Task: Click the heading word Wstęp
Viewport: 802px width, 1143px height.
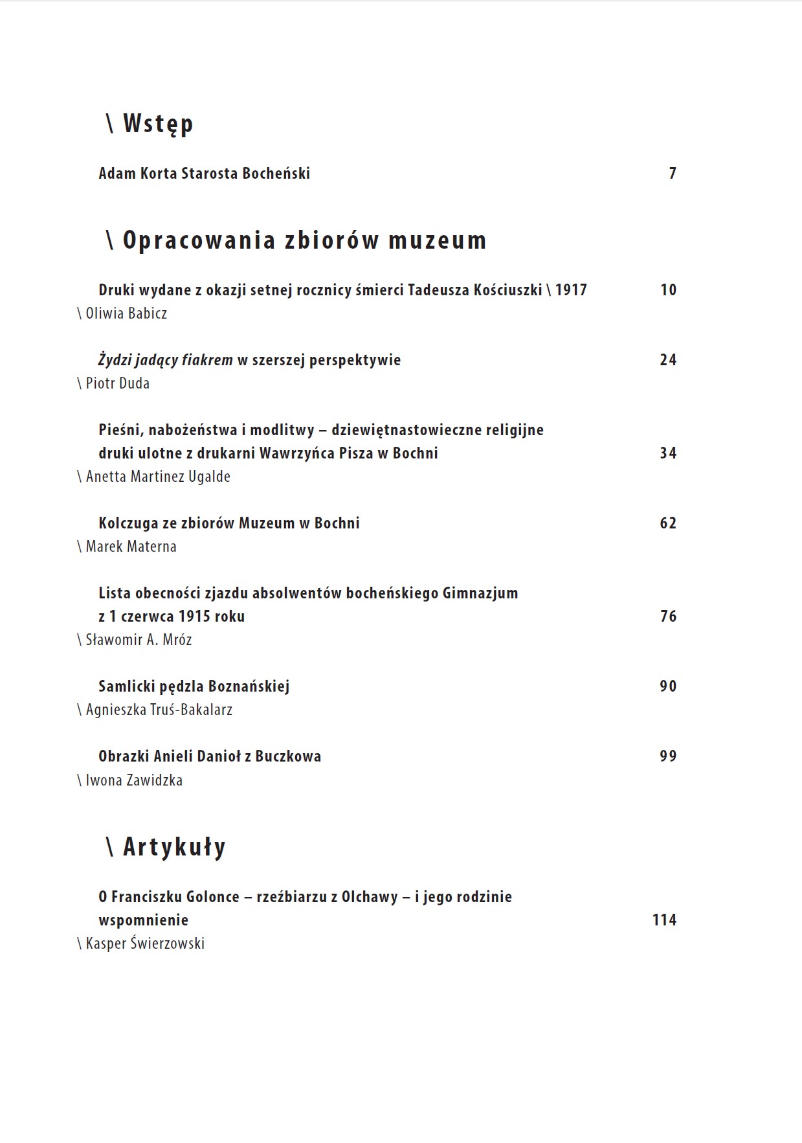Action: click(158, 124)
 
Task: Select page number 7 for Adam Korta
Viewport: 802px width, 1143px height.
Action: click(673, 174)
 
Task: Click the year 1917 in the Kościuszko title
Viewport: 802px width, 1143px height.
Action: click(571, 290)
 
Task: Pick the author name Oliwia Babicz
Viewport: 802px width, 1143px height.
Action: click(126, 313)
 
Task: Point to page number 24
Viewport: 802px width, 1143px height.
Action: click(668, 360)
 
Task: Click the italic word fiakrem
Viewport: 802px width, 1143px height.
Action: click(207, 360)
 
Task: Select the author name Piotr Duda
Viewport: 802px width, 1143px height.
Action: click(117, 383)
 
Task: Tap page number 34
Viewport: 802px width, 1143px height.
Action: click(668, 453)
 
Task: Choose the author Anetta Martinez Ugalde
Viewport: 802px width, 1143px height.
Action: click(158, 477)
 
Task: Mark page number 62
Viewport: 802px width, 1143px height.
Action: click(668, 523)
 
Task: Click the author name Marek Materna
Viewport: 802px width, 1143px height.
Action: click(131, 547)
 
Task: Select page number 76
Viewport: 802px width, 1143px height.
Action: click(668, 617)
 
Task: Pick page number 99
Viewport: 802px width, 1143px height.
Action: click(668, 756)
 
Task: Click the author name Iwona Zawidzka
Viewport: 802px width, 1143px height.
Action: click(134, 780)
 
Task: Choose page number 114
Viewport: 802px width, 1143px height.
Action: click(664, 920)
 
